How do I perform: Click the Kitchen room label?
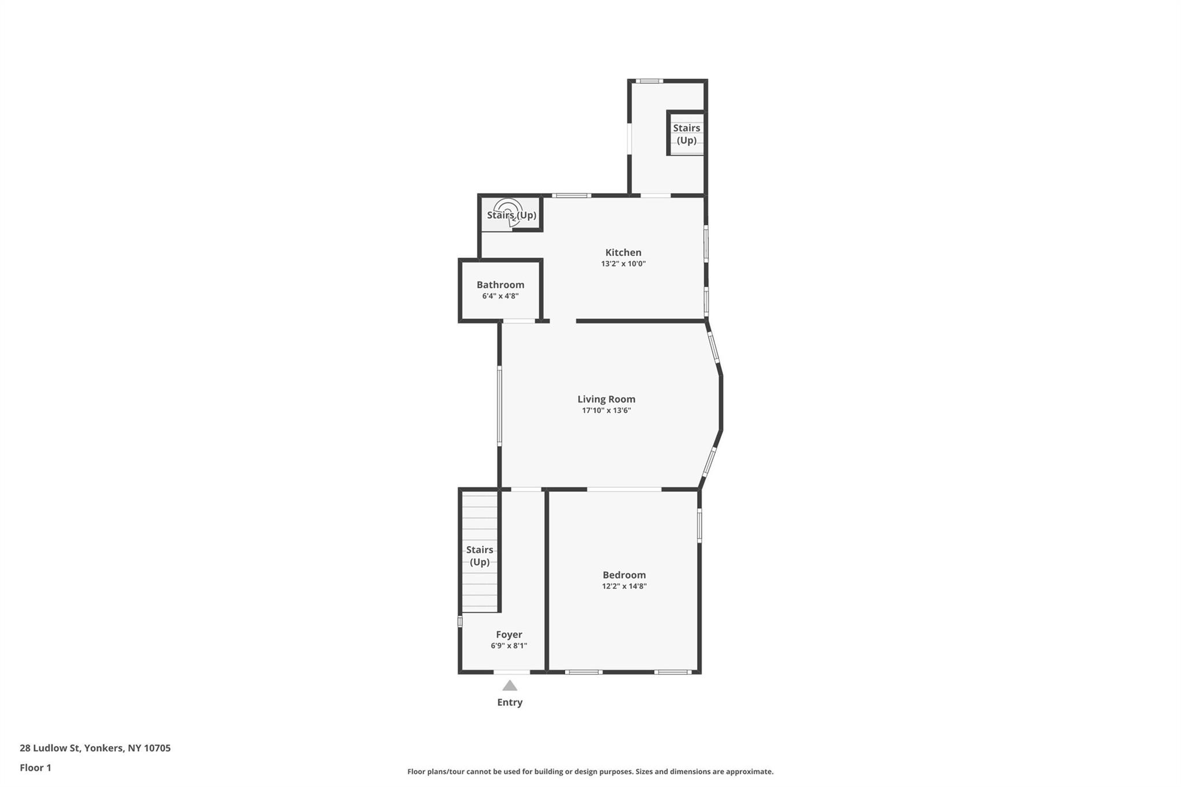pos(623,253)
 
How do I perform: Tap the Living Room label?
pos(606,399)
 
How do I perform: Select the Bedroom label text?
pos(624,575)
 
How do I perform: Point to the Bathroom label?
pos(500,285)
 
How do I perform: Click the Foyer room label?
pos(509,635)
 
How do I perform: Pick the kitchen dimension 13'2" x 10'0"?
pos(623,264)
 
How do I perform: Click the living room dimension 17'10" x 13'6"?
pos(606,411)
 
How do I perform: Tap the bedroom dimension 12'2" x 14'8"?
pos(624,586)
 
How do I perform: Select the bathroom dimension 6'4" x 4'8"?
pos(500,296)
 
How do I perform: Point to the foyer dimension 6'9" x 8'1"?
pos(509,646)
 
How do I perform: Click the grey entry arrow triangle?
pos(509,686)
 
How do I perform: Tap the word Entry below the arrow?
pos(510,702)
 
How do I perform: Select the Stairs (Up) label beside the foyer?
pos(479,556)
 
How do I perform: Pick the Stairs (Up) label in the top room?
pos(686,134)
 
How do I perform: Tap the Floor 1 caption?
pos(36,768)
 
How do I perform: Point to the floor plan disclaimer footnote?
pos(590,771)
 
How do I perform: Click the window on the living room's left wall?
pos(499,405)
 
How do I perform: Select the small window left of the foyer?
pos(460,622)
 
